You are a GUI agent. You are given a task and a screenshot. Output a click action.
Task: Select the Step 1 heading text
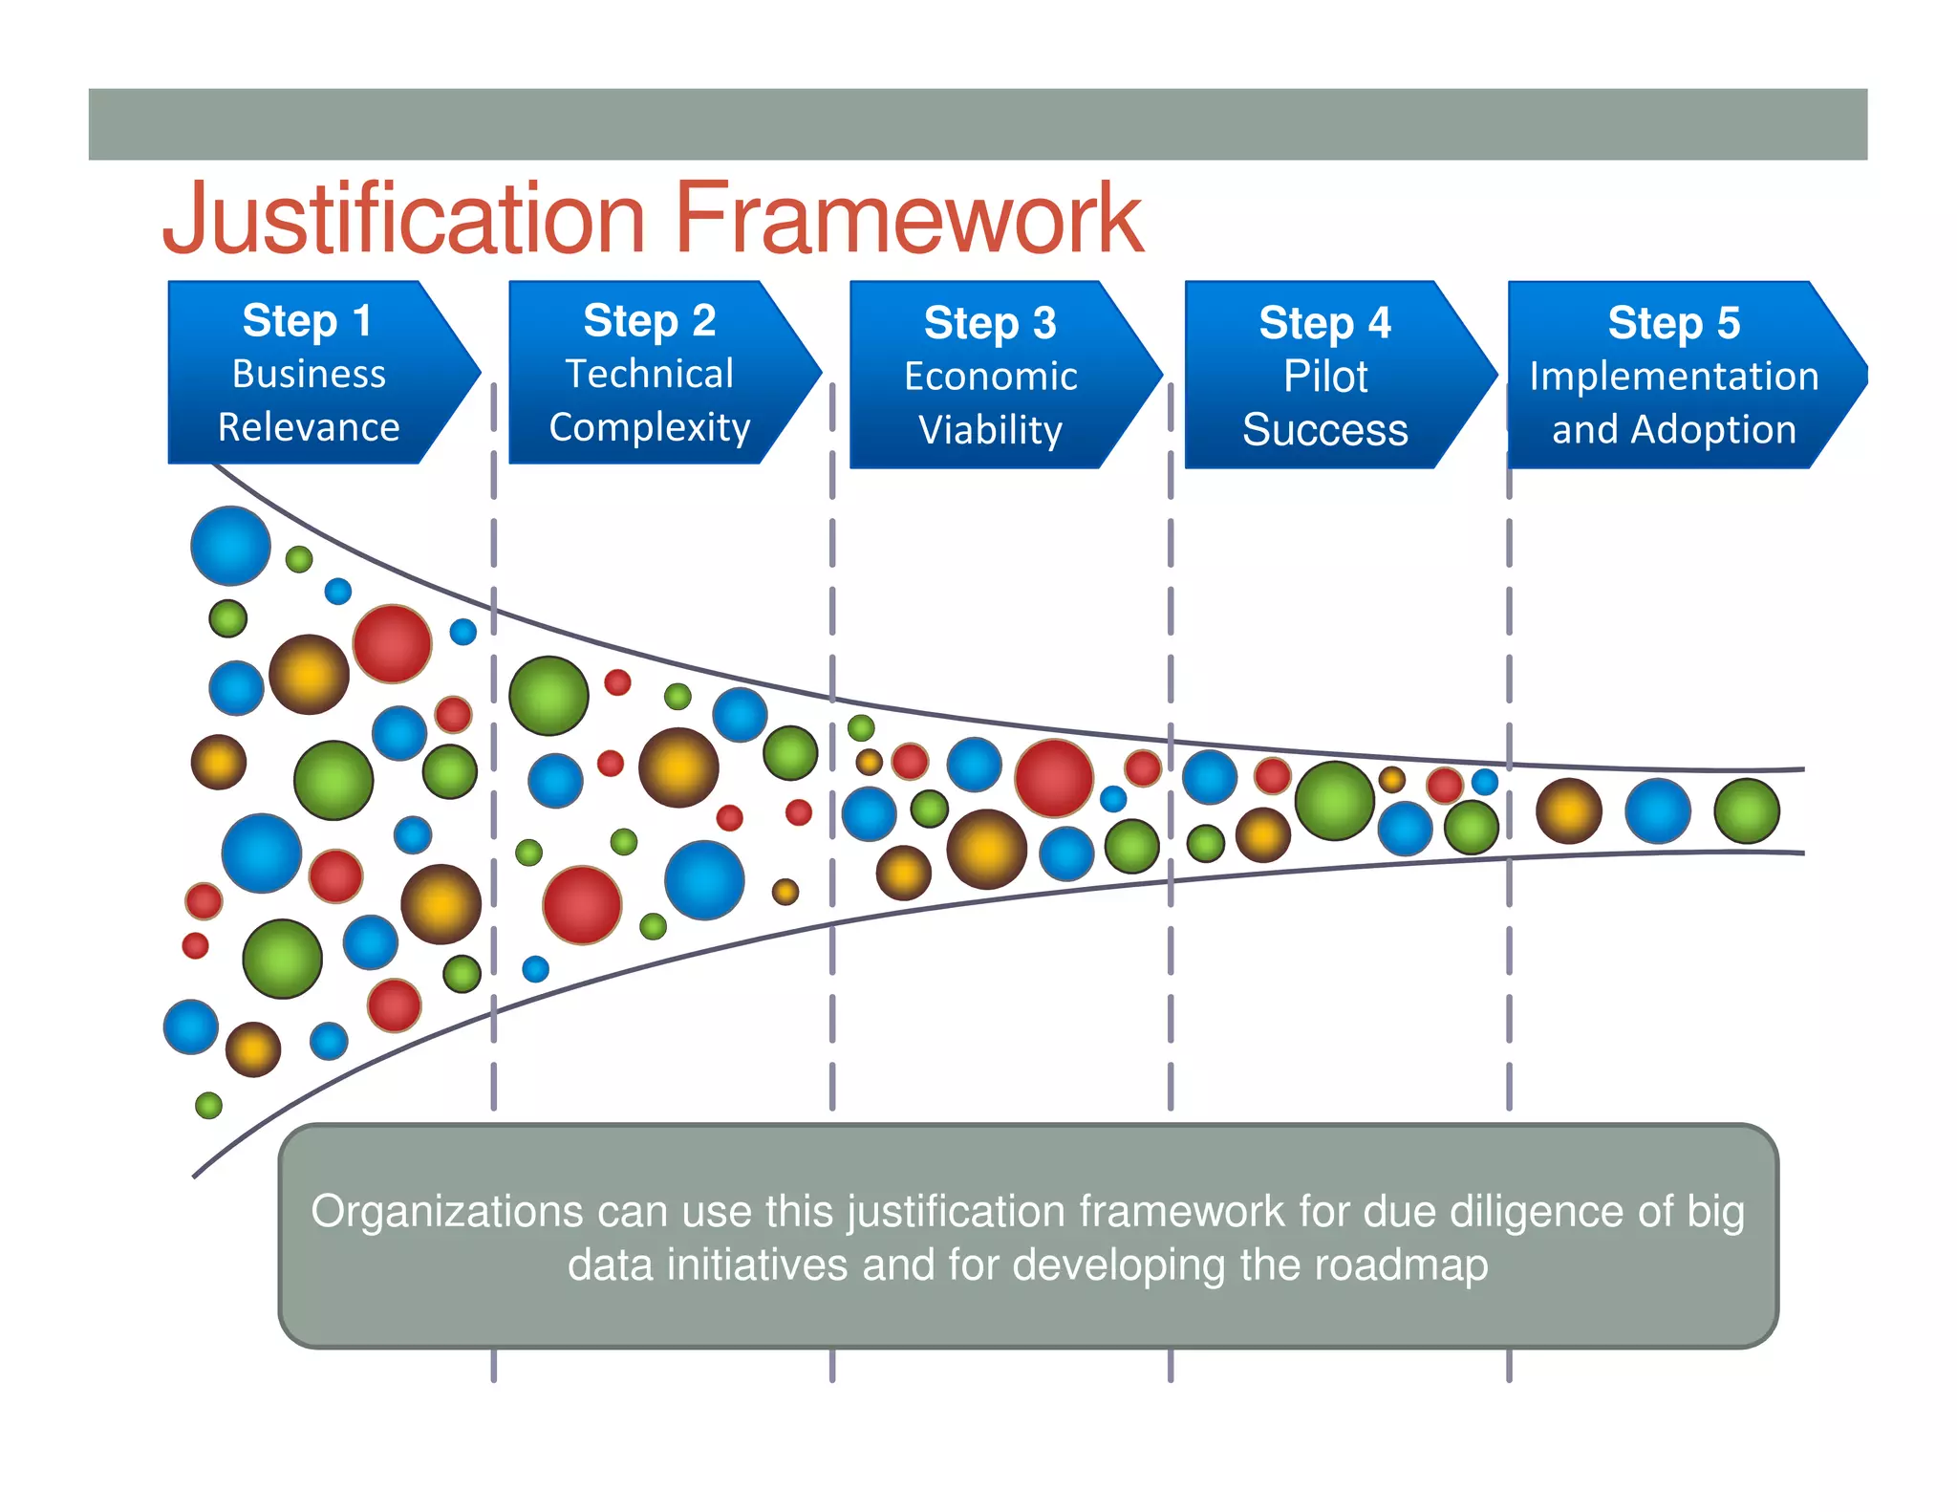pyautogui.click(x=307, y=320)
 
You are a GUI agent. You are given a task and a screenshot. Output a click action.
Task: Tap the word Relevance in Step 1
pyautogui.click(x=309, y=427)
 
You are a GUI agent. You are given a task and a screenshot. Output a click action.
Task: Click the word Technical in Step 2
pyautogui.click(x=650, y=374)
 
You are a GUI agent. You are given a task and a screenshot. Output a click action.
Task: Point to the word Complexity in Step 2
pyautogui.click(x=650, y=427)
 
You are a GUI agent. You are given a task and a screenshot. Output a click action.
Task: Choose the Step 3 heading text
pyautogui.click(x=990, y=323)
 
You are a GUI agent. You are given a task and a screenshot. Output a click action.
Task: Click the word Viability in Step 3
pyautogui.click(x=990, y=430)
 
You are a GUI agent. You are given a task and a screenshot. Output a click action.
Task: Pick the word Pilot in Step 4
pyautogui.click(x=1325, y=377)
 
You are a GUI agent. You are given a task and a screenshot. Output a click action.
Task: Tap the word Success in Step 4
pyautogui.click(x=1325, y=430)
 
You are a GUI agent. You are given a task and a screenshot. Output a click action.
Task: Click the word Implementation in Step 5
pyautogui.click(x=1674, y=377)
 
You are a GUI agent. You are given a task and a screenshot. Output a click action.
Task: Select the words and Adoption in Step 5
pyautogui.click(x=1674, y=430)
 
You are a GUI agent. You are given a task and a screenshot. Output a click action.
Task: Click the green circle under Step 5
pyautogui.click(x=1747, y=810)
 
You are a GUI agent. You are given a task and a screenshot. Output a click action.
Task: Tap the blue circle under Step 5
pyautogui.click(x=1658, y=810)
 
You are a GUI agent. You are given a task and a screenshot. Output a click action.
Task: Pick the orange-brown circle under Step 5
pyautogui.click(x=1569, y=810)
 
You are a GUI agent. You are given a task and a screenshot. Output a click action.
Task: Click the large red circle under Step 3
pyautogui.click(x=1054, y=778)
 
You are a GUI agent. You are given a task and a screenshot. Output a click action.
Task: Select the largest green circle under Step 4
pyautogui.click(x=1335, y=801)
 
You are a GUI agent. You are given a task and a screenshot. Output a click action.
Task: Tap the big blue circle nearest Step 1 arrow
pyautogui.click(x=230, y=546)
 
